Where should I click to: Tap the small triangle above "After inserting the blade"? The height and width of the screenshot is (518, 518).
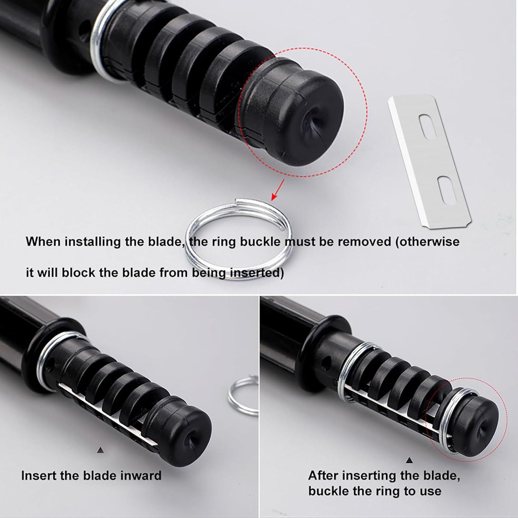(410, 460)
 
